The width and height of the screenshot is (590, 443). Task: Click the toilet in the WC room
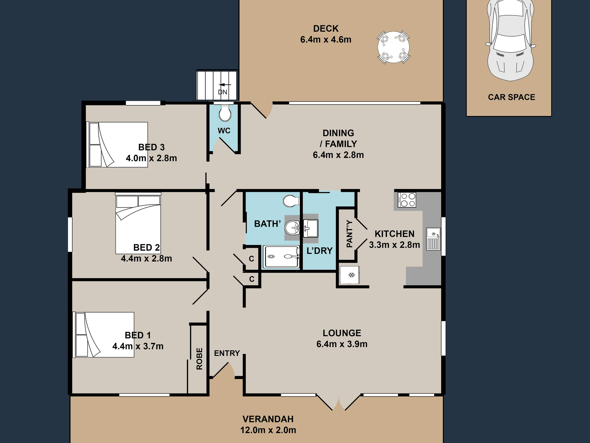point(225,113)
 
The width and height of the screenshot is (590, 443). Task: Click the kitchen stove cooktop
point(406,200)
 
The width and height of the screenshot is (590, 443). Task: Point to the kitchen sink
point(433,239)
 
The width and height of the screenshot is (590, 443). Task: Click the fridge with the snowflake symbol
point(350,275)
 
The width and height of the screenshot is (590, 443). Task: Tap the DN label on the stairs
point(223,92)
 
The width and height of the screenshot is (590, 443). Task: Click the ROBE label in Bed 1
point(199,358)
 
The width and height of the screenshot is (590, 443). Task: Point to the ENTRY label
point(227,353)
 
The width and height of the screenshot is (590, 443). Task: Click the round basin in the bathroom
point(292,228)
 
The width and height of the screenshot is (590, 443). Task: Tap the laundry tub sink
point(310,228)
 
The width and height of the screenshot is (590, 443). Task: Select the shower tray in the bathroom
point(281,257)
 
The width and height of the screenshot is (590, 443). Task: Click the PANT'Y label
point(349,234)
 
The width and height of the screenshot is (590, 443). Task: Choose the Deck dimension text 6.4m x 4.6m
point(326,39)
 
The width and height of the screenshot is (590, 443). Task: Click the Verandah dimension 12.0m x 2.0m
point(268,430)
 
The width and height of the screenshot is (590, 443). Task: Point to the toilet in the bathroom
point(291,201)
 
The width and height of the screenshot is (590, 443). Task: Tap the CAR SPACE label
point(511,97)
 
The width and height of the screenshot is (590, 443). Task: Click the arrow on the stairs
point(225,85)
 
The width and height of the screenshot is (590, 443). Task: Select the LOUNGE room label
point(342,333)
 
